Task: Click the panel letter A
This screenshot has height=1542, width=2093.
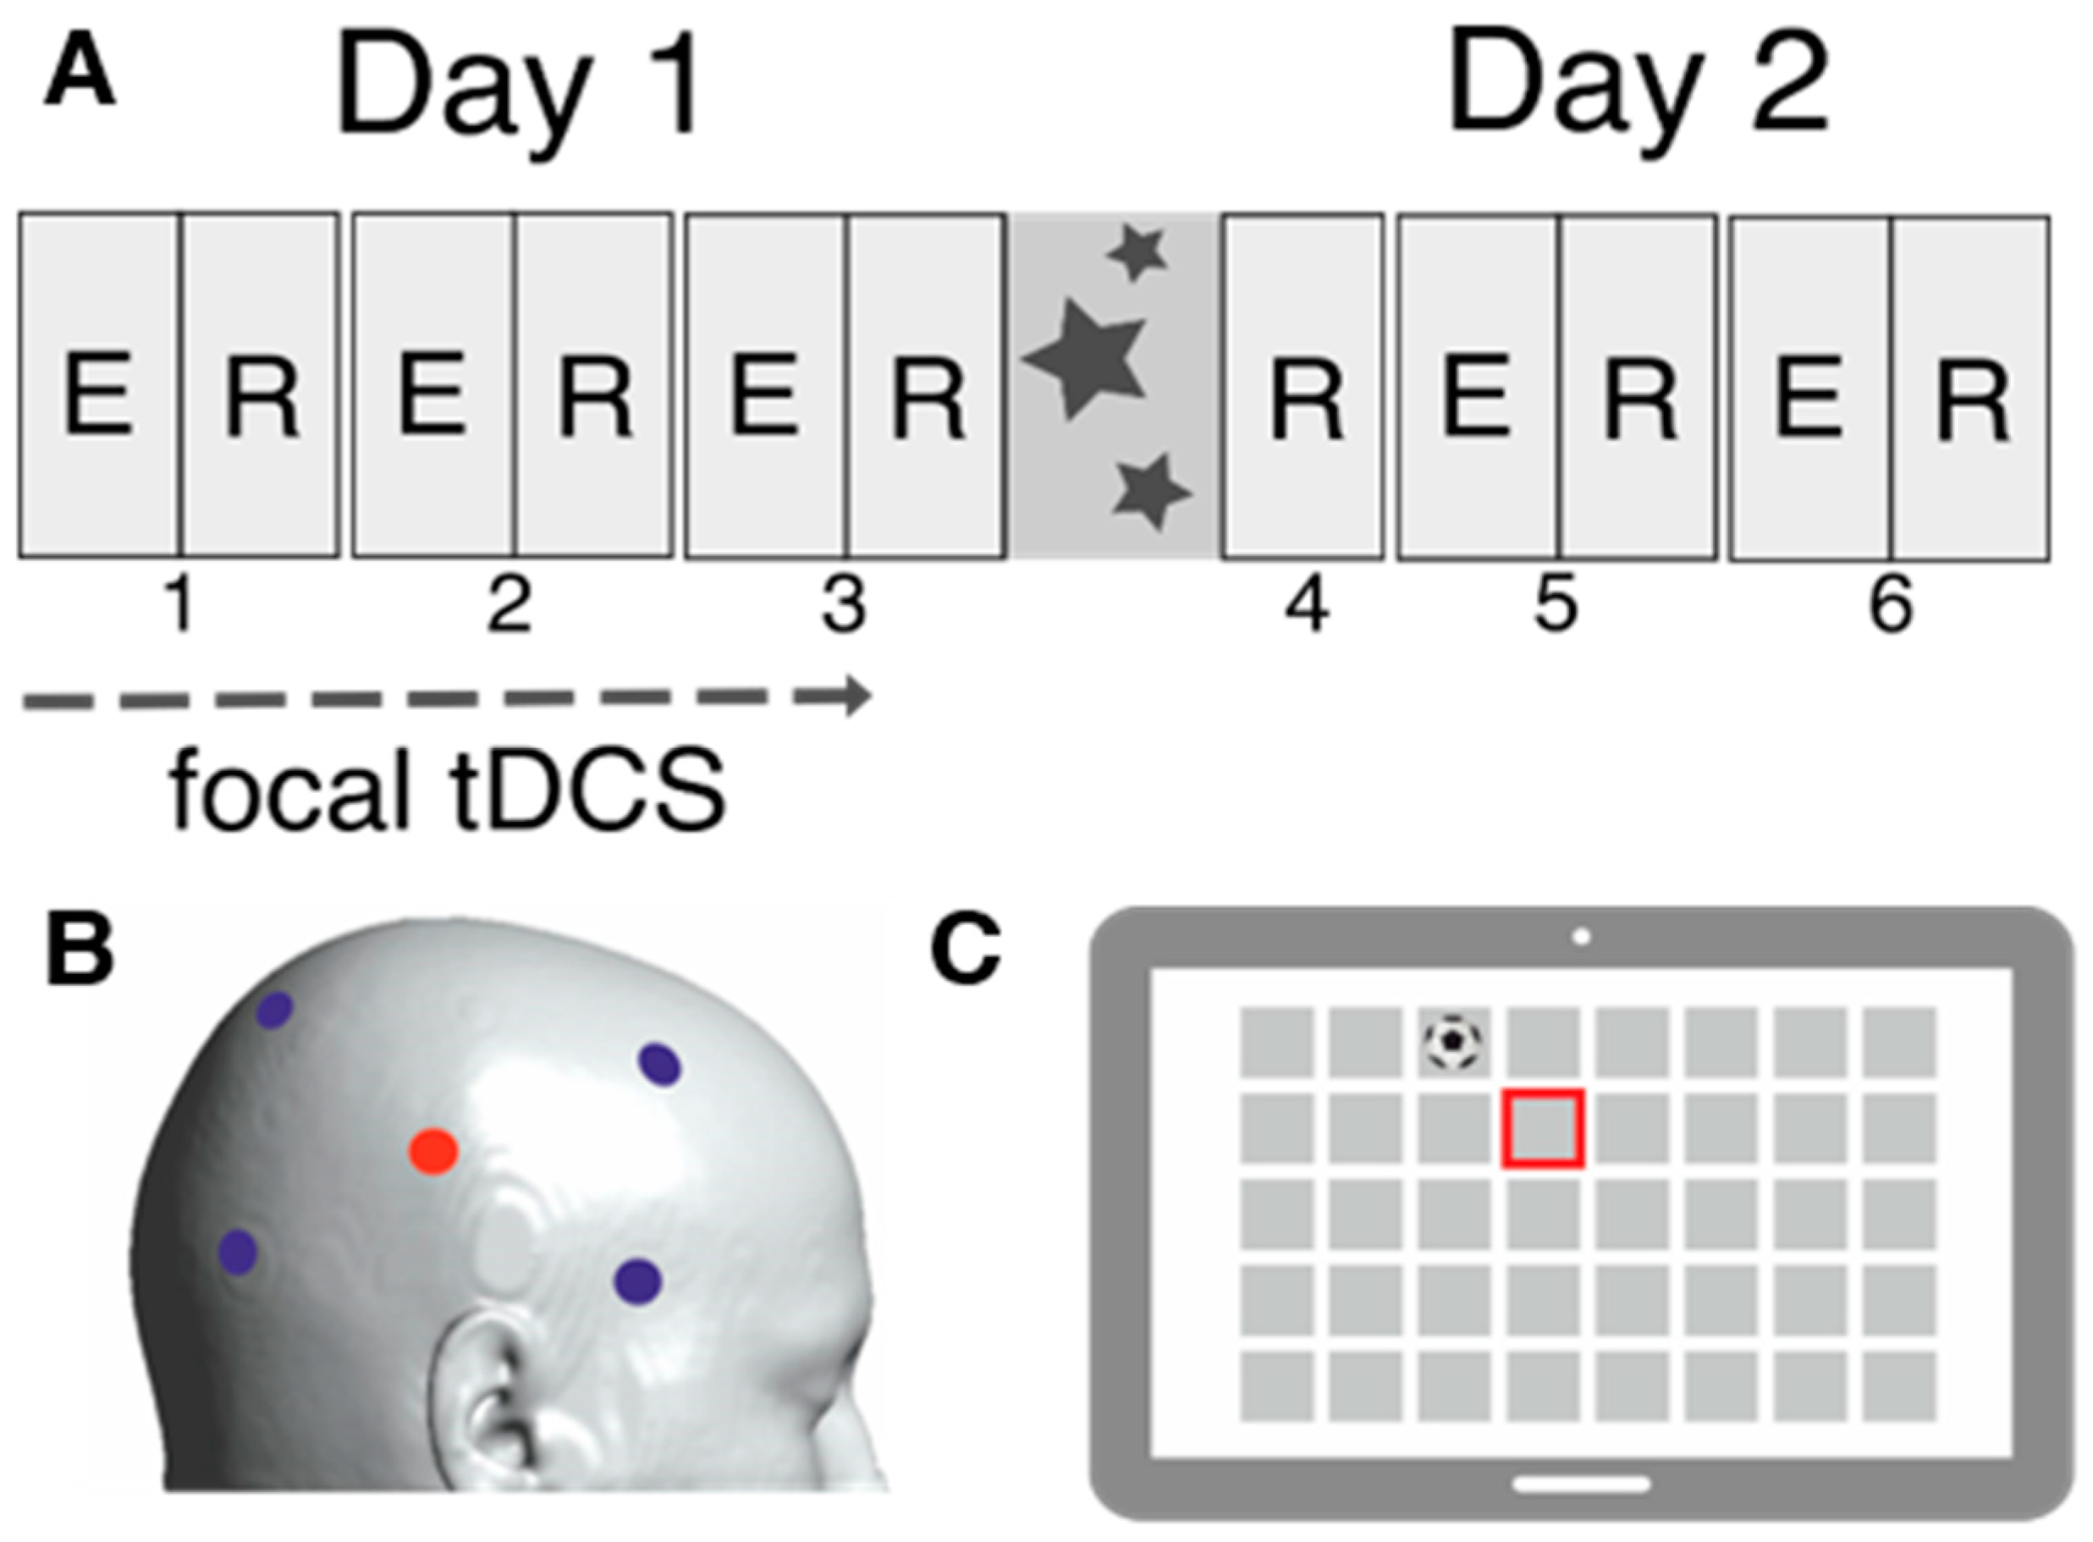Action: point(80,76)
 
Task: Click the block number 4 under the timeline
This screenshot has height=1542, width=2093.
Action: point(1306,605)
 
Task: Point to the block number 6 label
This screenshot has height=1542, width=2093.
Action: point(1891,605)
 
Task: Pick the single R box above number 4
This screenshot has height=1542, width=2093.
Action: point(1303,387)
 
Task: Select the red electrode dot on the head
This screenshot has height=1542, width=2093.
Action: point(434,1152)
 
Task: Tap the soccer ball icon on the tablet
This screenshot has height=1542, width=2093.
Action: point(1452,1041)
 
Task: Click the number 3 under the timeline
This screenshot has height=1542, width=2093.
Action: point(844,605)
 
